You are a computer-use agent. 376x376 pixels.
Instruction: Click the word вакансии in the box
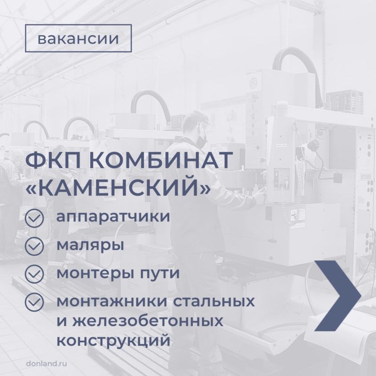click(78, 39)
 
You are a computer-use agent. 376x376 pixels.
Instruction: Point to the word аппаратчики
click(113, 217)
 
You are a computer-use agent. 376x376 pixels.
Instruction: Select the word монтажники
click(111, 301)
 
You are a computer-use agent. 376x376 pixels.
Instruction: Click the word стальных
click(214, 301)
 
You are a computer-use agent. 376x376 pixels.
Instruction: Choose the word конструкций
click(113, 340)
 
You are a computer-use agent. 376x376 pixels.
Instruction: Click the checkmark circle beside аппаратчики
click(34, 218)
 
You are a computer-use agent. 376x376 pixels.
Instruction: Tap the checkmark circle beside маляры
click(34, 246)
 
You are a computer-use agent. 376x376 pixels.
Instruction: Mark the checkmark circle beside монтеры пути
click(34, 274)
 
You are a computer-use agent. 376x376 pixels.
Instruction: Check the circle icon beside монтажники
click(34, 302)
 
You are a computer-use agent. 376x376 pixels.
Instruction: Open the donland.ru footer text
click(47, 363)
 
